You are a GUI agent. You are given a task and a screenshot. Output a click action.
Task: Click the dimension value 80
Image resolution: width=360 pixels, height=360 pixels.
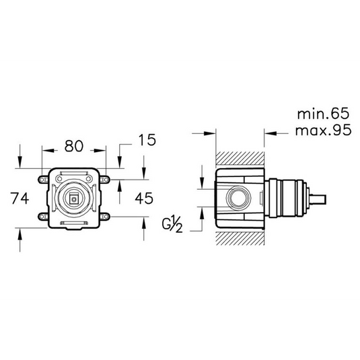tap(73, 144)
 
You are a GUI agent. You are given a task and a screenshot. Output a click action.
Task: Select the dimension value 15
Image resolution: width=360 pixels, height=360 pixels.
tap(146, 140)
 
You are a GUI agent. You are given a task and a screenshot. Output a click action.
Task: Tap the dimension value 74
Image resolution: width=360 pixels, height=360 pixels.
tap(21, 198)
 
